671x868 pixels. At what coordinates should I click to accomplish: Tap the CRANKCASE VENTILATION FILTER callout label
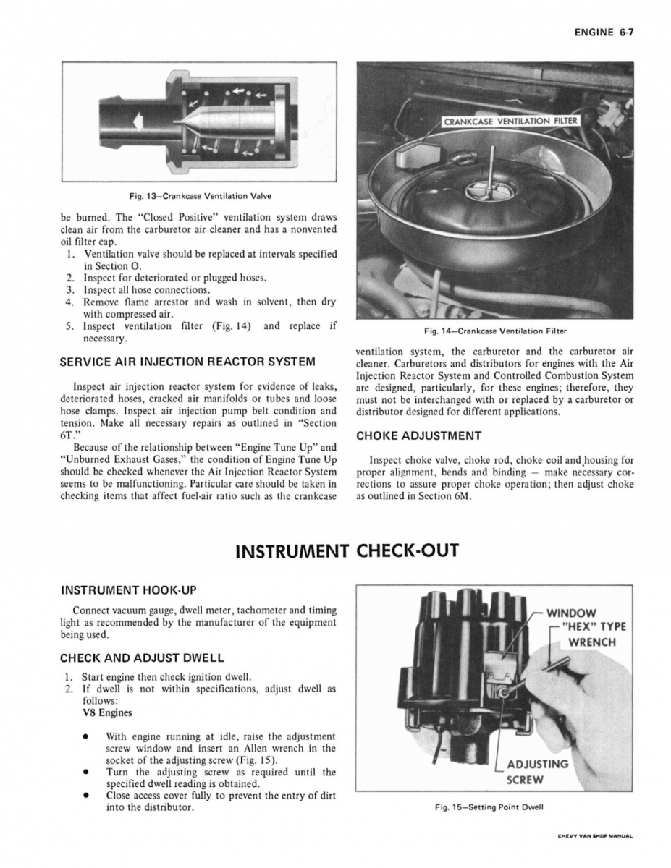(512, 121)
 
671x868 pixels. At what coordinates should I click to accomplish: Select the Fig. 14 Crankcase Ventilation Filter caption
(495, 331)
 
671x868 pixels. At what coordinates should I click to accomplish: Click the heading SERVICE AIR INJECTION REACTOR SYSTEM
(187, 361)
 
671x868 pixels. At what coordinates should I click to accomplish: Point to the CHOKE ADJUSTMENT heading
(419, 435)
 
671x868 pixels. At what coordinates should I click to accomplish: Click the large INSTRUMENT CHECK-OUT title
(347, 551)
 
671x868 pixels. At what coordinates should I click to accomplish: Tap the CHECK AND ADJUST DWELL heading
(142, 658)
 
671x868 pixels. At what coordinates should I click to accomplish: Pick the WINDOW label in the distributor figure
(571, 613)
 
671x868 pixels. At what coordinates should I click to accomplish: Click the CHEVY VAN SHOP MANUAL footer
(595, 836)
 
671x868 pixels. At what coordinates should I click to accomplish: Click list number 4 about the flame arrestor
(69, 302)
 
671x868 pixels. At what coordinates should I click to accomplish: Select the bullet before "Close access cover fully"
(86, 795)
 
